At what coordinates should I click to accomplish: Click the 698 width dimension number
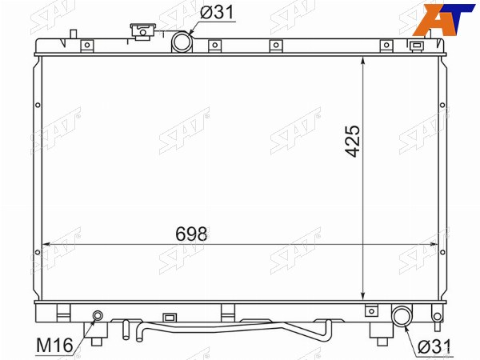pyautogui.click(x=191, y=234)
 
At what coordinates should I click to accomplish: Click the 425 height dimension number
pyautogui.click(x=352, y=141)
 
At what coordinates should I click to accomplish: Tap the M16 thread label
pyautogui.click(x=54, y=346)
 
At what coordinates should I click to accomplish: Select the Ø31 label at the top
pyautogui.click(x=217, y=13)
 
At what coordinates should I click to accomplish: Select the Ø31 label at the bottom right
pyautogui.click(x=434, y=347)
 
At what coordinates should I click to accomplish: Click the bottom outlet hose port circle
pyautogui.click(x=402, y=317)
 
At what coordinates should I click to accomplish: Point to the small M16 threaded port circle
pyautogui.click(x=98, y=315)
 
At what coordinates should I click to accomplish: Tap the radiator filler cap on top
pyautogui.click(x=143, y=31)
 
